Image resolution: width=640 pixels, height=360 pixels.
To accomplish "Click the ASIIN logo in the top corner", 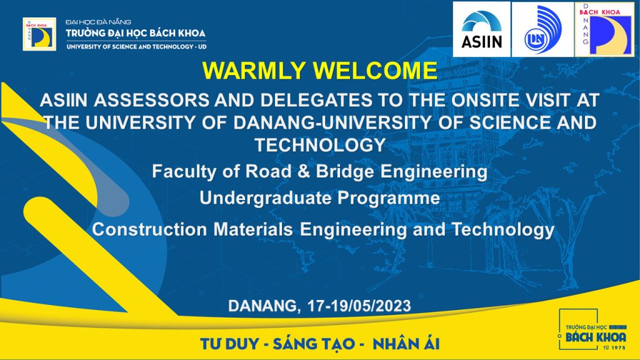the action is tap(482, 29).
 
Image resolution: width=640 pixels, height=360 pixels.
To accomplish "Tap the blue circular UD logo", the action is tap(542, 29).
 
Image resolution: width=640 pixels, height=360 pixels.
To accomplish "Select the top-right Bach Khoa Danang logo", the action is tap(604, 29).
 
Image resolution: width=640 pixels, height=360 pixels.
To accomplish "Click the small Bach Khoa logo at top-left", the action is tap(39, 34).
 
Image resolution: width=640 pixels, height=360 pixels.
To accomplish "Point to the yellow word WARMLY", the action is tap(254, 71).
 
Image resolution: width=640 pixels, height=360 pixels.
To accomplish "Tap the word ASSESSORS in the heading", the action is tap(152, 101).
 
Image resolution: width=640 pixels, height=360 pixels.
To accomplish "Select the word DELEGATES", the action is tap(316, 101).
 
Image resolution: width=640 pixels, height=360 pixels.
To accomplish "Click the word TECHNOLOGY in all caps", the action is tap(321, 145).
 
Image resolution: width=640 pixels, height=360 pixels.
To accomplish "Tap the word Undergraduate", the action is tap(266, 199).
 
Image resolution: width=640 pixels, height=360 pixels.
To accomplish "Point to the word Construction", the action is tap(149, 229).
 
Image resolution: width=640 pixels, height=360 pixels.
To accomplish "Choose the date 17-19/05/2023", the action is tap(359, 306).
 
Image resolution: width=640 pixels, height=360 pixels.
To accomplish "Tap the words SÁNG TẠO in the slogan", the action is tap(314, 344).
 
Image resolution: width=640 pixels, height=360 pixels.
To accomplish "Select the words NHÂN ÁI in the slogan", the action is tap(406, 344).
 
